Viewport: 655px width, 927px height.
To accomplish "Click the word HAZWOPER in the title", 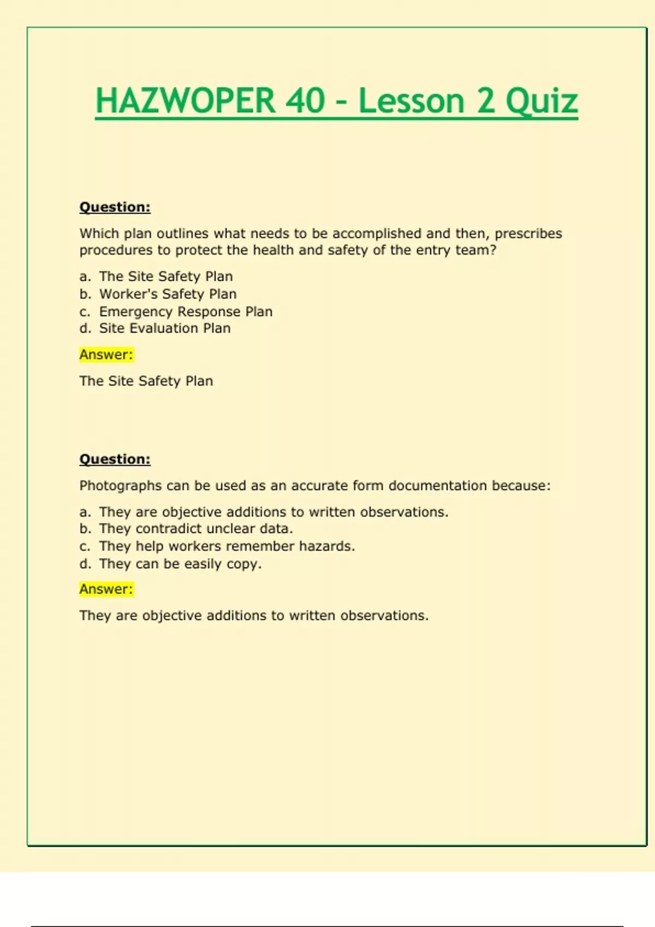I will [x=186, y=101].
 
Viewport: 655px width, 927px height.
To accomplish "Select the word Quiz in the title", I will [x=541, y=101].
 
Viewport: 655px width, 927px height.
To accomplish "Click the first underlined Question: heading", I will [x=115, y=207].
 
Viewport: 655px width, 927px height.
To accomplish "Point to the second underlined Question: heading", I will [x=115, y=459].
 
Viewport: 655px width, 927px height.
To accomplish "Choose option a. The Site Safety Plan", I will [x=165, y=276].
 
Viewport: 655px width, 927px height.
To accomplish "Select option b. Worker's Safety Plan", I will [x=168, y=294].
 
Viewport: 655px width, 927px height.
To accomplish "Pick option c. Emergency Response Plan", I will [x=186, y=311].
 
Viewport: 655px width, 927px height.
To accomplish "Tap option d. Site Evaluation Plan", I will [x=164, y=328].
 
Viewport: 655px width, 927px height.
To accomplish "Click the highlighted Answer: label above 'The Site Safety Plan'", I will [x=106, y=354].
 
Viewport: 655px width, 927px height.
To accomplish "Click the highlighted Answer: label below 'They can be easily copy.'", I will [x=106, y=589].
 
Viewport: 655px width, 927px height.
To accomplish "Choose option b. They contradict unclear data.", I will [x=196, y=528].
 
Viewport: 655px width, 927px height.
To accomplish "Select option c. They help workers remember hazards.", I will [x=227, y=546].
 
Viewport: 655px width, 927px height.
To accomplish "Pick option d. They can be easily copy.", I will [x=180, y=563].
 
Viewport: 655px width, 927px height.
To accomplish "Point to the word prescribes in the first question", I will [x=528, y=233].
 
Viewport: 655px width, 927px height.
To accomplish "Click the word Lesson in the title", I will [x=411, y=101].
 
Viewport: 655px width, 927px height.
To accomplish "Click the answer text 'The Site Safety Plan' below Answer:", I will [x=146, y=381].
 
